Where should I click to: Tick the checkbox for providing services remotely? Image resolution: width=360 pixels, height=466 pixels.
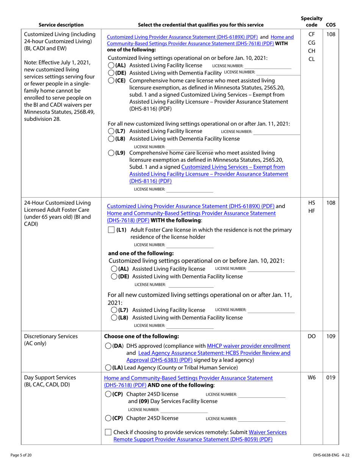click(x=108, y=432)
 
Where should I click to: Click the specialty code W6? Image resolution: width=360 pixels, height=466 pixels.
click(x=311, y=378)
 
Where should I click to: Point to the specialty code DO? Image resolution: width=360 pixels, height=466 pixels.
click(x=311, y=336)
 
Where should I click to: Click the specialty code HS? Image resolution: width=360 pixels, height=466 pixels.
click(x=311, y=203)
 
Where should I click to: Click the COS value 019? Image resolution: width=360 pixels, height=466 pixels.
click(x=330, y=378)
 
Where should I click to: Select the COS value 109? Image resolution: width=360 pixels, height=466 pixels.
click(x=330, y=336)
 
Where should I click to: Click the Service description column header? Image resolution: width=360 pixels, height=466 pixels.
click(x=61, y=25)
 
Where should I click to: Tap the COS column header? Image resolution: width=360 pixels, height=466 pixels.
click(x=330, y=25)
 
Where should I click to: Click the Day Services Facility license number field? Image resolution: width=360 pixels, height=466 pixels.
click(x=184, y=410)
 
